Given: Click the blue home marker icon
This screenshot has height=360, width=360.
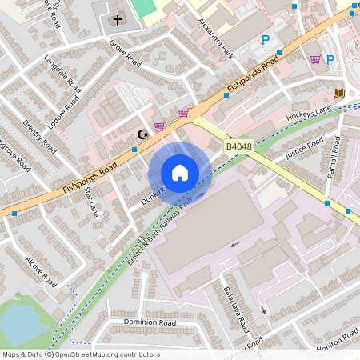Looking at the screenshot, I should (180, 173).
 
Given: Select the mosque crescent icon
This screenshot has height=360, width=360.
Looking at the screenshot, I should (143, 134).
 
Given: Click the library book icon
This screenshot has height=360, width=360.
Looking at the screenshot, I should (338, 94).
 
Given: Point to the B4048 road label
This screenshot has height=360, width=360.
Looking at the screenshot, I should (238, 147).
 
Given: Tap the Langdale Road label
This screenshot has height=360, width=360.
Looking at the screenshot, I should (62, 72).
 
